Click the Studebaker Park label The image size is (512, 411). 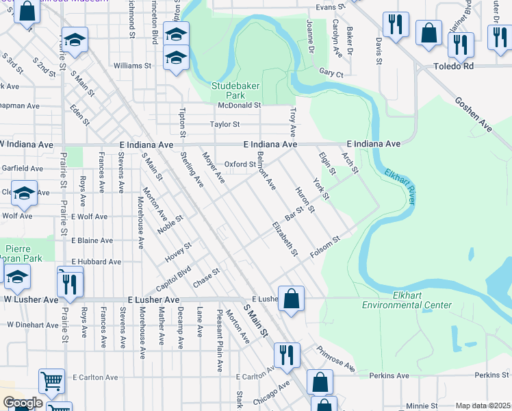point(233,91)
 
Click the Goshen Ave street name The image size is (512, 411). point(473,113)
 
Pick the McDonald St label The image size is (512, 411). point(240,105)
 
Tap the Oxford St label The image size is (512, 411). point(240,164)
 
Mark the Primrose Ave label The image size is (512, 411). point(335,359)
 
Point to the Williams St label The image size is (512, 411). point(132,66)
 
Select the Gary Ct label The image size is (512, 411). point(331,72)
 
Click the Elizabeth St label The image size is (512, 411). point(285,239)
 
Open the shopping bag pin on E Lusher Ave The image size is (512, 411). point(291,298)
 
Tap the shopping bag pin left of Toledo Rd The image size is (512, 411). point(428,33)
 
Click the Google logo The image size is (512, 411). point(22,403)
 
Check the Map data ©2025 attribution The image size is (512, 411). point(483,406)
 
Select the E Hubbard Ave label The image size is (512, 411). point(96,262)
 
